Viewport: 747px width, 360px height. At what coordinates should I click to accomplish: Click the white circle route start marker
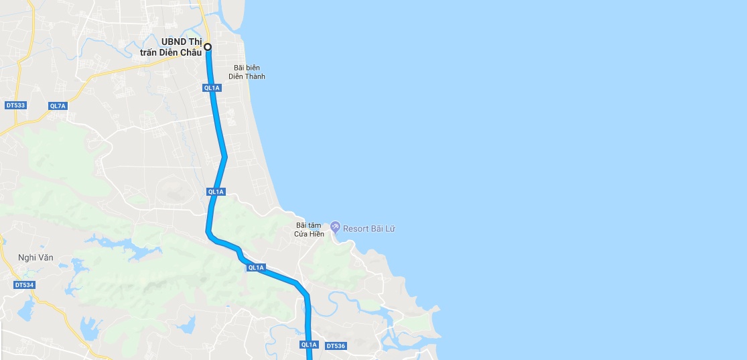pyautogui.click(x=208, y=47)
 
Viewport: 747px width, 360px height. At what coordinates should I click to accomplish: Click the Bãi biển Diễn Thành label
pyautogui.click(x=247, y=72)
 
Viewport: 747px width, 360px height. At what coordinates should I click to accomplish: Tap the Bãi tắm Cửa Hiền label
pyautogui.click(x=310, y=229)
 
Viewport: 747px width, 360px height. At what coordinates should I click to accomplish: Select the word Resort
pyautogui.click(x=355, y=229)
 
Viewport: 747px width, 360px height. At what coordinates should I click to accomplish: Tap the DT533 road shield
pyautogui.click(x=15, y=105)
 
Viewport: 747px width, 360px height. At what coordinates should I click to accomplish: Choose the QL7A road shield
pyautogui.click(x=58, y=106)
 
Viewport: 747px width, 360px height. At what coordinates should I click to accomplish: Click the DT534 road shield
pyautogui.click(x=23, y=285)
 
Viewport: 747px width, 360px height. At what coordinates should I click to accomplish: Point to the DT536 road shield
pyautogui.click(x=335, y=345)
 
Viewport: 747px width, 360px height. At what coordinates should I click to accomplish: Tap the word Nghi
pyautogui.click(x=26, y=257)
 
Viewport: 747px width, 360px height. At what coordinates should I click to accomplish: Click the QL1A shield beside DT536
pyautogui.click(x=308, y=345)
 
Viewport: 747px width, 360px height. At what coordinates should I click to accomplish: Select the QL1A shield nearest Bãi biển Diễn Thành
pyautogui.click(x=212, y=88)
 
